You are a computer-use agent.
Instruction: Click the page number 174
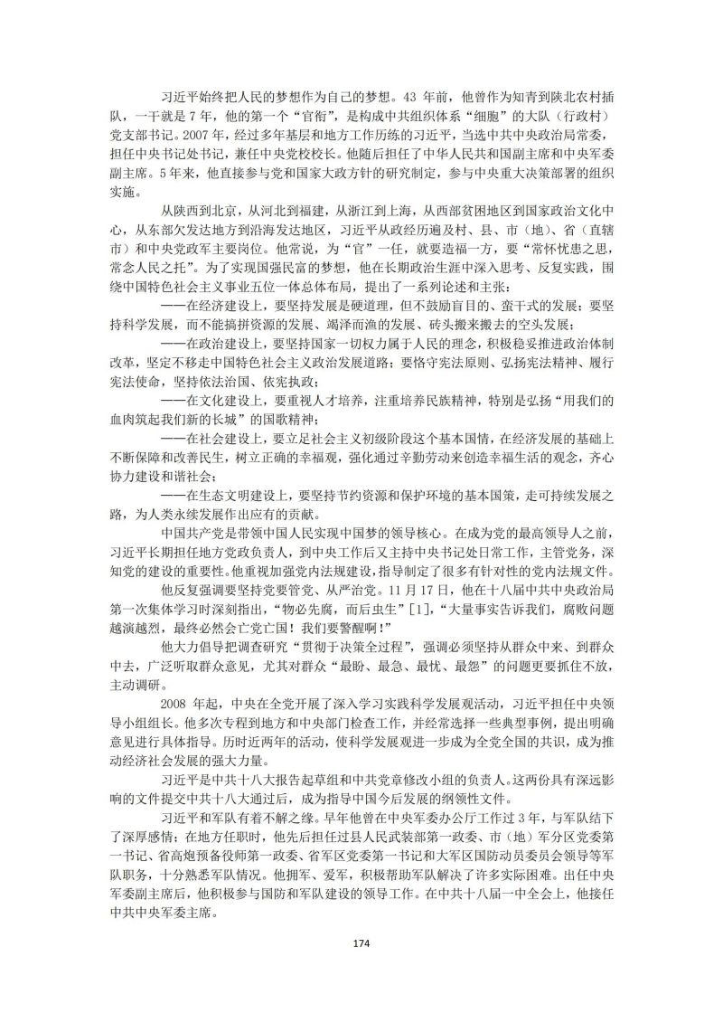click(x=361, y=943)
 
